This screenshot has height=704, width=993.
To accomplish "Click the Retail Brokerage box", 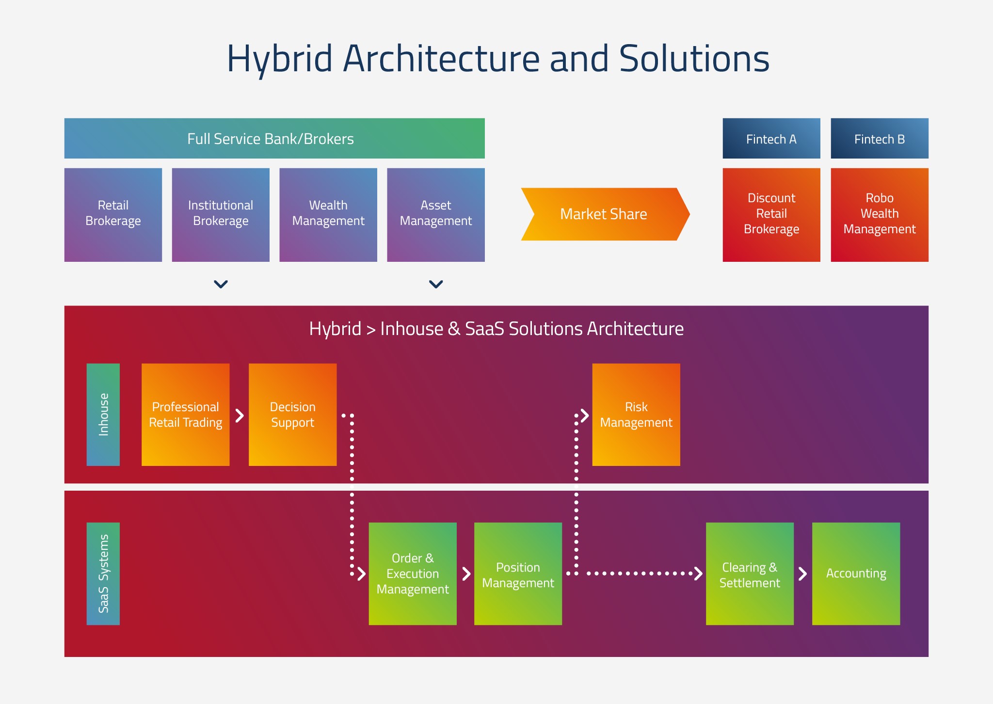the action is point(113,215).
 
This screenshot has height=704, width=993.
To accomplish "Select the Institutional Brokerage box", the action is point(221,215).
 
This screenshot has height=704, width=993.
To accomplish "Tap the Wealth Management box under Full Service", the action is point(328,215).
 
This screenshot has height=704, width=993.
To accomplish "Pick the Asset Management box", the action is point(436,215).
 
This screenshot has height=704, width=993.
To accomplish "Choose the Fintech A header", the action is point(771,139).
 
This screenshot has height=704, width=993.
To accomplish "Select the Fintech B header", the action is point(880,139).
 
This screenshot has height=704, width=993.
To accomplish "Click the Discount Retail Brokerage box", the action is point(771,215).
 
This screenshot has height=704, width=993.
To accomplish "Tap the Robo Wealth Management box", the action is point(880,215).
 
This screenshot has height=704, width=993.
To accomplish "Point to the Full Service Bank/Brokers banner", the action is point(274,139).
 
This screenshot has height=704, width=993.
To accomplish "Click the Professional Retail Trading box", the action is point(186,415).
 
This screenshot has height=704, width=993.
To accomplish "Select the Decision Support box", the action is point(293,415).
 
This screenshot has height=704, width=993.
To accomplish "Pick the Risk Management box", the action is point(636,415).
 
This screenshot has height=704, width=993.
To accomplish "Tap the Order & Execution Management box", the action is point(413,574).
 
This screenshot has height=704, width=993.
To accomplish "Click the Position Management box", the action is point(518,574).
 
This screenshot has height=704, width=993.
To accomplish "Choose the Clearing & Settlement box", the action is point(750,574).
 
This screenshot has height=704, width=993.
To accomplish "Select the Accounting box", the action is point(856,574).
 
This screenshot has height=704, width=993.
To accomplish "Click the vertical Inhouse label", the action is point(103,415).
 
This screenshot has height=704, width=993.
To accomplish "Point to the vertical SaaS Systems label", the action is point(103,574).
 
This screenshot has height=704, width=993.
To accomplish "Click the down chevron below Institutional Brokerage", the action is point(221,284).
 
